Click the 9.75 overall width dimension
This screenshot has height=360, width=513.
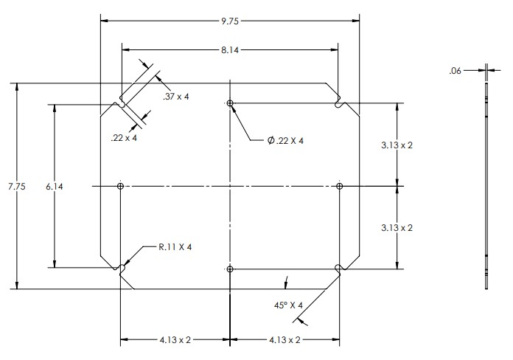(x=230, y=21)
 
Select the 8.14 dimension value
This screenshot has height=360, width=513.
(x=230, y=50)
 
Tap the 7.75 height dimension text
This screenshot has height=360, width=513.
(x=16, y=187)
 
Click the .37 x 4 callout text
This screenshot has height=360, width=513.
(x=176, y=96)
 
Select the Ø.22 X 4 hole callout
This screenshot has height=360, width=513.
(x=286, y=139)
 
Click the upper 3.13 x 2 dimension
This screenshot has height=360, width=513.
(x=397, y=145)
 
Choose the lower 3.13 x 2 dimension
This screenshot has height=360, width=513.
(x=397, y=228)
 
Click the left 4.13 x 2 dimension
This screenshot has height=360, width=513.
(x=175, y=340)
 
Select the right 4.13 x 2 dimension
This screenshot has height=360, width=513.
(x=284, y=340)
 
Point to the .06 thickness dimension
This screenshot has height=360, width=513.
(x=455, y=71)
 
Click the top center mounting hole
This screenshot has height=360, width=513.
(x=231, y=103)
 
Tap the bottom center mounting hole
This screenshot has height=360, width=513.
(x=231, y=269)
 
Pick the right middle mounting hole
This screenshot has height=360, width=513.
(x=340, y=187)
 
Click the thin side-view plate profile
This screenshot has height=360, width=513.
(x=487, y=184)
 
